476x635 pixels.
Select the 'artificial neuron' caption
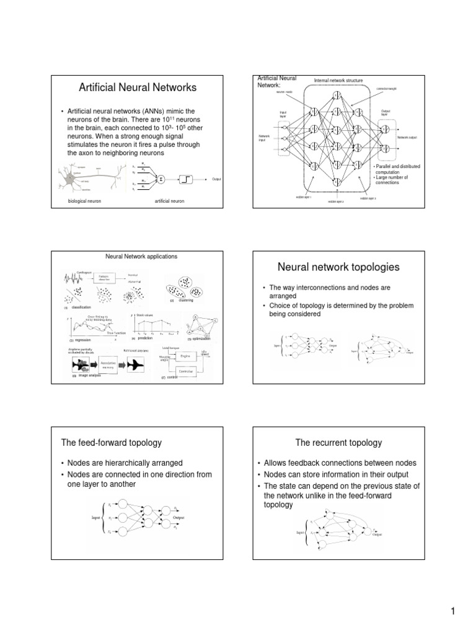coord(171,202)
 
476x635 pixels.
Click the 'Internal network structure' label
coord(338,81)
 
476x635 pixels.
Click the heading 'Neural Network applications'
coord(142,256)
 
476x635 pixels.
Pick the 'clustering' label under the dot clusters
coord(185,301)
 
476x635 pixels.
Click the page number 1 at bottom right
coord(454,612)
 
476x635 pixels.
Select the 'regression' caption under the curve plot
coord(82,340)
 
